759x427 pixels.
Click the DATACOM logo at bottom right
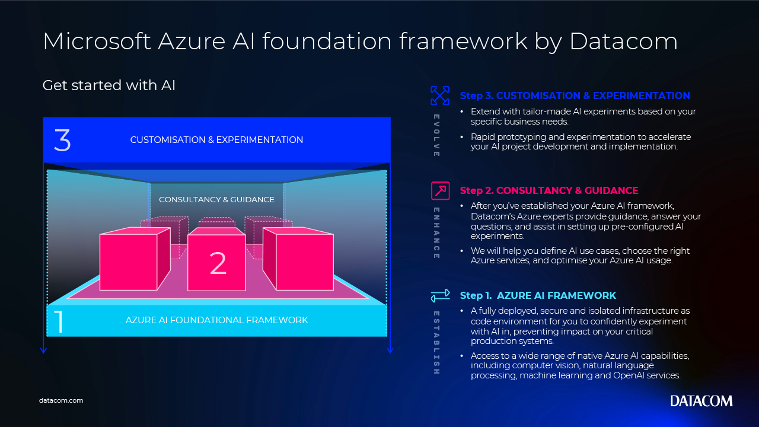click(x=701, y=401)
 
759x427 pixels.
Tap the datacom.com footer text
click(x=61, y=400)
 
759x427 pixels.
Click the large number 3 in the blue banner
click(x=62, y=141)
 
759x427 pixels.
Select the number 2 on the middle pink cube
click(x=218, y=263)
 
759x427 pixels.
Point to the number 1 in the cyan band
click(x=59, y=321)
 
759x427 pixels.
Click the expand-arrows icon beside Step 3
click(x=440, y=95)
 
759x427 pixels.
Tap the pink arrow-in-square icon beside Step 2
click(x=440, y=190)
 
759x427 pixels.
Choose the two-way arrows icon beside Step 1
click(x=440, y=295)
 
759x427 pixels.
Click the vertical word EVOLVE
click(x=436, y=135)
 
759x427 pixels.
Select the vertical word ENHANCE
click(x=436, y=233)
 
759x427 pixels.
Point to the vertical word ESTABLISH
click(x=436, y=343)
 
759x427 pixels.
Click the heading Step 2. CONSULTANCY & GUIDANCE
click(x=549, y=191)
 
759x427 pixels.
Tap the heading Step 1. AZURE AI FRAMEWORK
click(x=538, y=295)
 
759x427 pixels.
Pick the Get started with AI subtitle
click(x=109, y=85)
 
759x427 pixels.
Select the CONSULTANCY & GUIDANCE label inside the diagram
click(x=216, y=200)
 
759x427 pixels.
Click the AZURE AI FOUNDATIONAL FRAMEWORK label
click(x=216, y=320)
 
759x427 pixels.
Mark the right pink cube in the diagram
click(x=298, y=259)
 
